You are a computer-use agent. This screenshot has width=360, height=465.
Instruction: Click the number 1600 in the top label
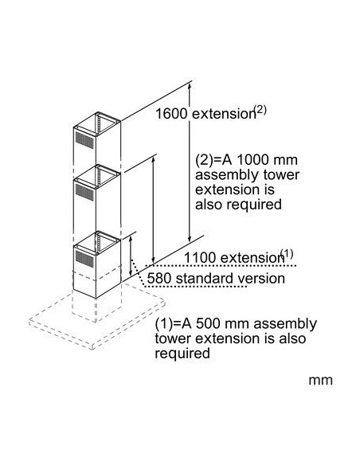click(x=171, y=114)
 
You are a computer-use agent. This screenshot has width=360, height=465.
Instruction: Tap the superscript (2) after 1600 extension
click(x=261, y=110)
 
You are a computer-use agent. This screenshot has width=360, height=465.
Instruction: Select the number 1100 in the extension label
click(x=200, y=257)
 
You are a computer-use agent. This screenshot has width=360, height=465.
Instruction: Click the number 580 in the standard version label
click(x=159, y=279)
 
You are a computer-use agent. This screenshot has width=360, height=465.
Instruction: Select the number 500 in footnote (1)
click(x=208, y=323)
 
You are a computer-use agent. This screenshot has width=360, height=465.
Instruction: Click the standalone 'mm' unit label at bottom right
click(x=320, y=380)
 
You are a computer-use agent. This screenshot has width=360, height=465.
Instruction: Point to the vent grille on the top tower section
click(x=84, y=140)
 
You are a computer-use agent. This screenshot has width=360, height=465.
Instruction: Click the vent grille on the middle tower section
click(x=84, y=192)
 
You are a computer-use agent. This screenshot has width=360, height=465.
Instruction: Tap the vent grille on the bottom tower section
click(x=84, y=258)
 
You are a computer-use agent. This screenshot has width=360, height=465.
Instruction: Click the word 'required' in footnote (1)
click(x=182, y=354)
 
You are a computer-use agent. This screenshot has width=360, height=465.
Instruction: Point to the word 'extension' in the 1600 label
click(x=224, y=114)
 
